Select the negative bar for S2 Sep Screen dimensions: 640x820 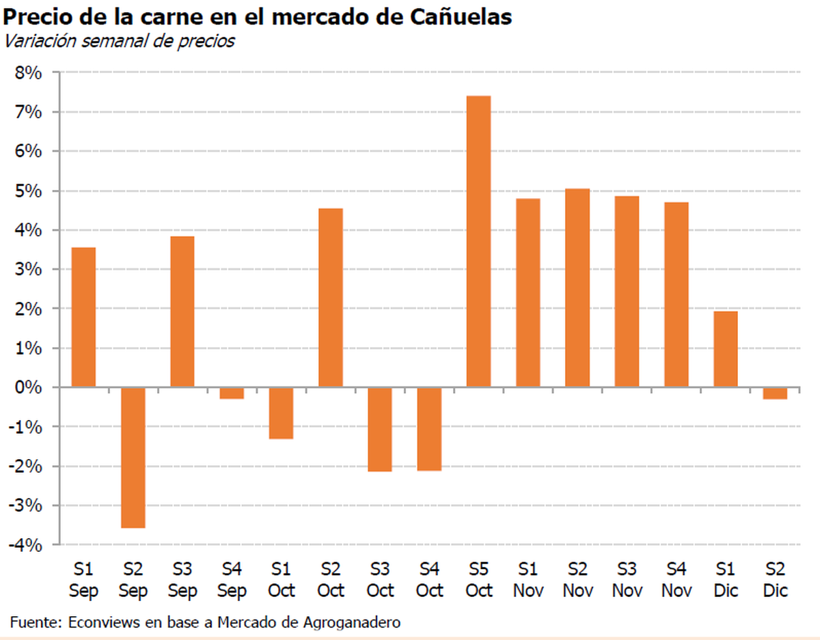click(x=133, y=458)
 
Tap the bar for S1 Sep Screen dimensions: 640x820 click(x=83, y=318)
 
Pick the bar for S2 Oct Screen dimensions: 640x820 click(x=330, y=298)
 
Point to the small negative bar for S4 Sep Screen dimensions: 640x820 click(x=232, y=393)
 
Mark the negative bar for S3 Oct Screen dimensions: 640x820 click(x=380, y=430)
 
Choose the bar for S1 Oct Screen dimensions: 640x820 click(x=281, y=413)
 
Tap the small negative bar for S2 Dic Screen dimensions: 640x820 click(x=774, y=393)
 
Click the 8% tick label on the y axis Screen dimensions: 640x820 click(x=28, y=72)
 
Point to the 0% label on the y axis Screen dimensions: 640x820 click(x=28, y=387)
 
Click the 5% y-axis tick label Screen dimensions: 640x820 click(x=28, y=191)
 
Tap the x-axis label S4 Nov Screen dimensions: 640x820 click(x=676, y=580)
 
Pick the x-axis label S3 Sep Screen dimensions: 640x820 click(x=182, y=580)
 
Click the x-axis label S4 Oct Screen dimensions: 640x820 click(x=429, y=580)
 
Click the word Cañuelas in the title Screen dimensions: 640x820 click(x=461, y=17)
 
